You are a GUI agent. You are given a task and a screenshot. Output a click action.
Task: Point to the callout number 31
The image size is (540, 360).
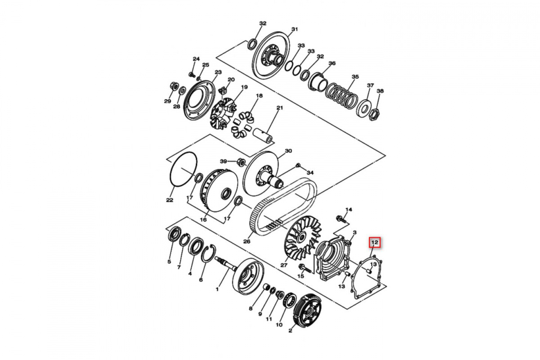pyautogui.click(x=295, y=29)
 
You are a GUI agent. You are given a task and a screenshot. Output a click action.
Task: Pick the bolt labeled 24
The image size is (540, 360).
pyautogui.click(x=192, y=74)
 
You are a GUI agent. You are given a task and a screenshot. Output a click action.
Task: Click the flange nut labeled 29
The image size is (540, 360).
pyautogui.click(x=174, y=86)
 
